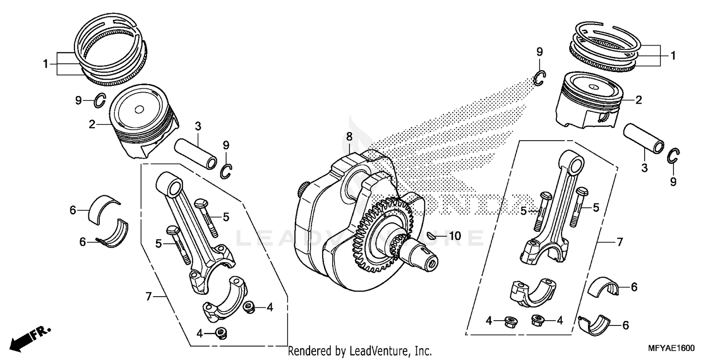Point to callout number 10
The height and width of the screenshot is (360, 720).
[x=455, y=236]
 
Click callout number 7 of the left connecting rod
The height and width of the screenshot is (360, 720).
[x=149, y=297]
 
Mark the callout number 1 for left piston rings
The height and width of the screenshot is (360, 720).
[x=46, y=63]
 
